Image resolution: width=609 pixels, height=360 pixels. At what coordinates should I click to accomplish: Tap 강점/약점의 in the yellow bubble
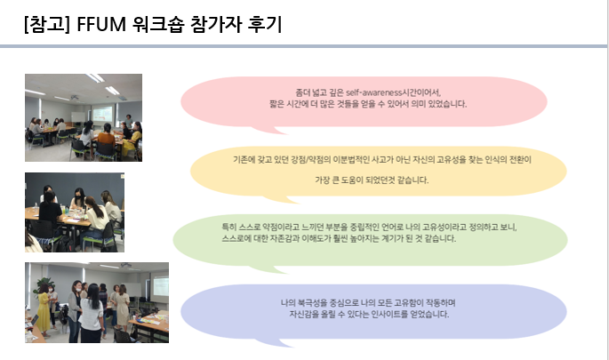pos(293,160)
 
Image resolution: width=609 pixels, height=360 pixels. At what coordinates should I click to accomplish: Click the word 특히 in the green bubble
pos(228,228)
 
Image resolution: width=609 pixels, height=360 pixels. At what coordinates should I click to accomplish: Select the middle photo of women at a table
pos(75,212)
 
